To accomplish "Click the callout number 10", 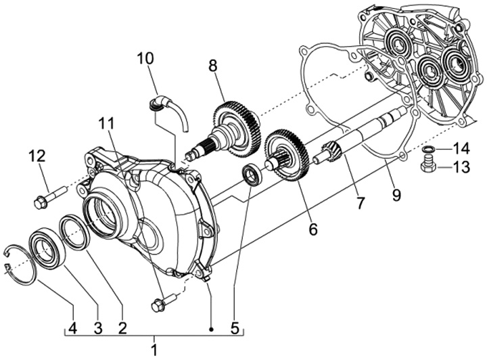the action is click(x=145, y=58).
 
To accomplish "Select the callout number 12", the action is click(x=37, y=156).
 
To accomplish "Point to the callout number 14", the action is click(x=461, y=148).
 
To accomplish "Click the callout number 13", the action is click(x=461, y=168).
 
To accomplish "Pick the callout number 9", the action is click(x=396, y=196).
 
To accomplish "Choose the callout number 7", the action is click(x=360, y=202).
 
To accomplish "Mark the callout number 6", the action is click(x=312, y=229).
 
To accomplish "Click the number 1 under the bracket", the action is click(x=154, y=350).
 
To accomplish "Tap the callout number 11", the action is click(x=106, y=124).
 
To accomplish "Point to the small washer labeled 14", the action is click(x=427, y=150).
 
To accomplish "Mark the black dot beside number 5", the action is click(x=212, y=329).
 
